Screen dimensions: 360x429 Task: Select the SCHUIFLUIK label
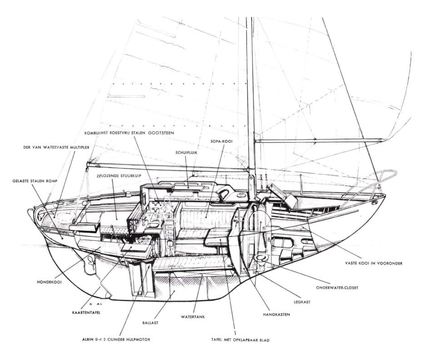coord(185,151)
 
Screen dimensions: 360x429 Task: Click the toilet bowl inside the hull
coord(260,260)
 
